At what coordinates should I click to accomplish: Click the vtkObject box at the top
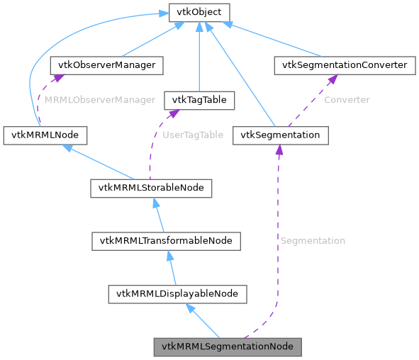click(x=198, y=12)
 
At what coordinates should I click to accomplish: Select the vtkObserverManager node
click(x=106, y=65)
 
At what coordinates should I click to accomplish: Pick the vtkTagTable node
click(x=199, y=100)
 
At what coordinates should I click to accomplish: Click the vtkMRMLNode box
click(x=45, y=135)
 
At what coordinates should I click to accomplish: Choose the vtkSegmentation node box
click(x=280, y=135)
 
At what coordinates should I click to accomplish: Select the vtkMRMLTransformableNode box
click(x=167, y=241)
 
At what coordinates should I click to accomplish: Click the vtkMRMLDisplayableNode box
click(x=177, y=293)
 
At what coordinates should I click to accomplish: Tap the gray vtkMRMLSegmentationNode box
click(x=228, y=347)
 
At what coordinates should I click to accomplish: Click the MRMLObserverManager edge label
click(x=100, y=100)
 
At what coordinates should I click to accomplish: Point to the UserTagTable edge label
click(x=193, y=135)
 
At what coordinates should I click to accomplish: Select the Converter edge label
click(x=347, y=100)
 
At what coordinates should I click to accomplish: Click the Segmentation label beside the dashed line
click(x=313, y=241)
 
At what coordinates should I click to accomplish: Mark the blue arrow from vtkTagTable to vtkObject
click(x=199, y=57)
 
